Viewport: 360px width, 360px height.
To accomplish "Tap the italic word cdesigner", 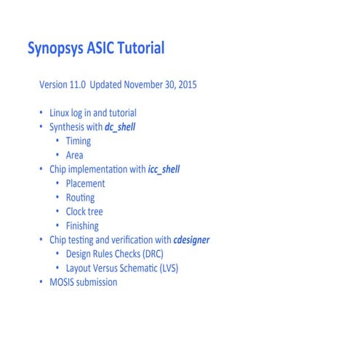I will point(191,240).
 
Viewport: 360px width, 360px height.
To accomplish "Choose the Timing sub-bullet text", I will point(78,141).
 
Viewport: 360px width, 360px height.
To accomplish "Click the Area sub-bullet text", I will point(74,155).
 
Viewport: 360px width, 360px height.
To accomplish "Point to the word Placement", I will point(85,183).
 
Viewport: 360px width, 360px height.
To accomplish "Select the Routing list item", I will point(80,198).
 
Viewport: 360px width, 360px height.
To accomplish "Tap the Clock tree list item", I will point(84,212).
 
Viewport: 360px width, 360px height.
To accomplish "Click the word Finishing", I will point(82,225).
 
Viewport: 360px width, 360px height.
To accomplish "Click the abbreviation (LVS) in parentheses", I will point(167,268).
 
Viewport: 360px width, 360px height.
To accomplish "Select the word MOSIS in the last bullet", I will point(63,282).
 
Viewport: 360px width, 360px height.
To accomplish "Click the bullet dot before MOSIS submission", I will point(41,282).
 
